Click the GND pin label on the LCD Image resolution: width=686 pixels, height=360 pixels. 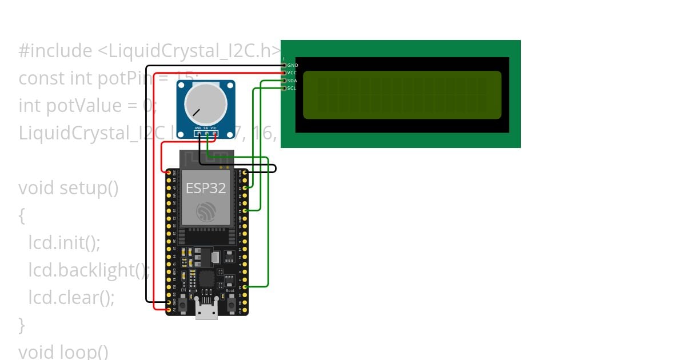coord(292,66)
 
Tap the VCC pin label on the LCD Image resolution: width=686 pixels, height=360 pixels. coord(292,73)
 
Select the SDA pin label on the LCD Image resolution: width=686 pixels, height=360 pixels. coord(292,81)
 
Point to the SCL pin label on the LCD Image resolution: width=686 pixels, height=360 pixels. coord(292,88)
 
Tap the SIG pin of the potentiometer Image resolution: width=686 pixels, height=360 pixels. coord(206,134)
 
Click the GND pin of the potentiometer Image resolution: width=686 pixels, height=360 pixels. coord(198,134)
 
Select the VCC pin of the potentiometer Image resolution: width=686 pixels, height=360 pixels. coord(213,134)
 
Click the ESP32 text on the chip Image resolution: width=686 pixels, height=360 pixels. coord(206,188)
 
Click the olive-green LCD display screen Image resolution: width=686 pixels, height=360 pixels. coord(402,95)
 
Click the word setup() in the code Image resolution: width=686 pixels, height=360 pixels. coord(89,188)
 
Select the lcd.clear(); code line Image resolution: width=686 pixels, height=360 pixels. coord(71,297)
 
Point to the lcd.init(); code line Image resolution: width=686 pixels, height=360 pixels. coord(64,243)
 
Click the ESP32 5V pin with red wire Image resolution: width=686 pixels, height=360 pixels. coord(169,309)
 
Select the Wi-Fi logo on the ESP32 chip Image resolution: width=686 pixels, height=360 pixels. coord(206,212)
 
